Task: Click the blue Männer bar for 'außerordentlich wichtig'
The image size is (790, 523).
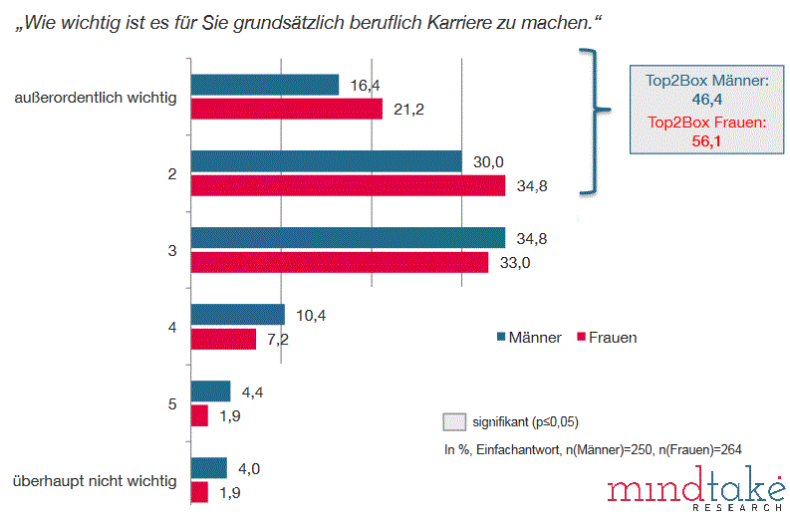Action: (x=264, y=85)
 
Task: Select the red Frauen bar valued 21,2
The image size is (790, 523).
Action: (x=286, y=109)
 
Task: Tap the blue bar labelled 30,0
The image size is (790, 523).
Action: (x=326, y=161)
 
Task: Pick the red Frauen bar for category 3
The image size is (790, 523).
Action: (x=339, y=262)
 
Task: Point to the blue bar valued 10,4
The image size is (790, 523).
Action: (x=237, y=315)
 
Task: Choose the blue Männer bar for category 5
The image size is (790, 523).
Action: (x=210, y=391)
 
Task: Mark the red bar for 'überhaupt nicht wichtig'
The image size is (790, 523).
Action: (x=199, y=492)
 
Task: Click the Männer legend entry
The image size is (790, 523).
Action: (x=529, y=338)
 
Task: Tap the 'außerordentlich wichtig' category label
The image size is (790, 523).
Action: (x=97, y=98)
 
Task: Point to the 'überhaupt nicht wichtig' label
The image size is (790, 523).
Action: (x=95, y=481)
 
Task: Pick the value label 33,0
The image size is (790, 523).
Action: (x=514, y=262)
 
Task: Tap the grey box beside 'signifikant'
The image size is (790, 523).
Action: (x=454, y=420)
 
